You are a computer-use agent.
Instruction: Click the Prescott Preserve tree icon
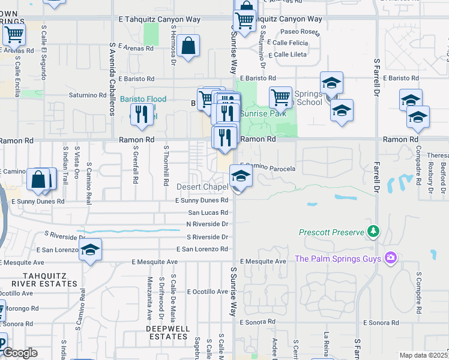tap(374, 231)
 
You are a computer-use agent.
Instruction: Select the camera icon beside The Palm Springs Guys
tap(391, 258)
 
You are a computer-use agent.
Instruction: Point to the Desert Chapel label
tap(203, 187)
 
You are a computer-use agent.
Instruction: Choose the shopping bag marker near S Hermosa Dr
tap(188, 46)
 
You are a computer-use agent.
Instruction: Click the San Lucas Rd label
tap(208, 212)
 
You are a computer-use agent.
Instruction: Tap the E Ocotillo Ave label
tap(207, 292)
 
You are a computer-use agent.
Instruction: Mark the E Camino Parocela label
tap(268, 169)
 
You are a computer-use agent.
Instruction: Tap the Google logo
tap(20, 353)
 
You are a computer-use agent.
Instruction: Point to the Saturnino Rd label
tap(87, 95)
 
